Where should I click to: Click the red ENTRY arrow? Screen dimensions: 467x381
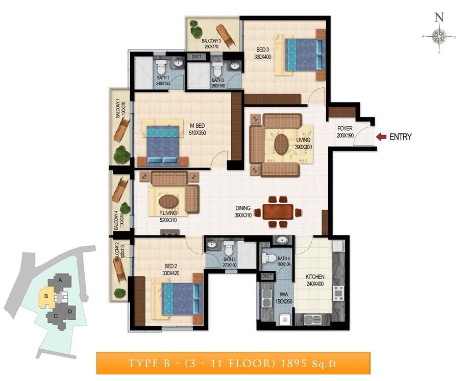381,137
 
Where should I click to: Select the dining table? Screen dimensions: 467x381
278,211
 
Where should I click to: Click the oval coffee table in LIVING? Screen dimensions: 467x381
281,145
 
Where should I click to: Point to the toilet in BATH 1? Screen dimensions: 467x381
161,66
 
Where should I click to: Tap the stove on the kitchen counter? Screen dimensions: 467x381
338,293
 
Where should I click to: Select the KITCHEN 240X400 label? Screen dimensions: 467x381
315,280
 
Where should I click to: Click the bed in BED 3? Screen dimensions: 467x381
303,55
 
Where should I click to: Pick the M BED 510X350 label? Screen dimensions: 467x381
197,129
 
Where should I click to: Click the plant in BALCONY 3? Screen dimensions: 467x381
196,29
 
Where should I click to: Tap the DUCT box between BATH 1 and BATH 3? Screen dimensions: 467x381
196,57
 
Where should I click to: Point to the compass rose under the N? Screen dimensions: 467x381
439,37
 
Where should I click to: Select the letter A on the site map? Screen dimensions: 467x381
60,280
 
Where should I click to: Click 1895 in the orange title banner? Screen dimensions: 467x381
293,364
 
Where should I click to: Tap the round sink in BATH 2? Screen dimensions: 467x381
211,245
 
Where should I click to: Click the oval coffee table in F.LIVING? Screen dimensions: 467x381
168,201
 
